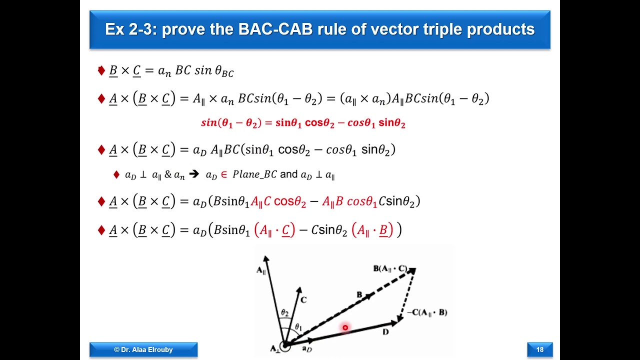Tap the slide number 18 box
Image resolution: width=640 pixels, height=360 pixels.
pyautogui.click(x=539, y=349)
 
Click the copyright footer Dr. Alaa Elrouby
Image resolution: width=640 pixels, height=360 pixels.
pyautogui.click(x=143, y=349)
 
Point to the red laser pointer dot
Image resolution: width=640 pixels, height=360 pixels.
pyautogui.click(x=345, y=327)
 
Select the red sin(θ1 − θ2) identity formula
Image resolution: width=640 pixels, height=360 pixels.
pyautogui.click(x=303, y=123)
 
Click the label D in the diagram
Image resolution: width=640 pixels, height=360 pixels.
pyautogui.click(x=385, y=332)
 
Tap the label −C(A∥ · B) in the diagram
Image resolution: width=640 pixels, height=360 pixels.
pyautogui.click(x=427, y=312)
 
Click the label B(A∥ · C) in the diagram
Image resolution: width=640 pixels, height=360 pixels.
pyautogui.click(x=390, y=269)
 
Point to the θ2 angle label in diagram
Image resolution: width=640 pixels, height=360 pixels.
pyautogui.click(x=284, y=312)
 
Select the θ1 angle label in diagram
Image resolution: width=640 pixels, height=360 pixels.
pyautogui.click(x=298, y=327)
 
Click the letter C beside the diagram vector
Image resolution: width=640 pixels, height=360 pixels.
pyautogui.click(x=303, y=300)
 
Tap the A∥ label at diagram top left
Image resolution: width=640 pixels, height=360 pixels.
pyautogui.click(x=261, y=270)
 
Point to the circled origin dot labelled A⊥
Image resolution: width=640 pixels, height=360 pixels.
pyautogui.click(x=284, y=345)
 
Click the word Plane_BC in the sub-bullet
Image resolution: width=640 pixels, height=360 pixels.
pyautogui.click(x=254, y=174)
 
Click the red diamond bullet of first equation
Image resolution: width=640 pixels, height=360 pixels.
pyautogui.click(x=101, y=71)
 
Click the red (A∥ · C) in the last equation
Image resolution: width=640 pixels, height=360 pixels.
pyautogui.click(x=274, y=230)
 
